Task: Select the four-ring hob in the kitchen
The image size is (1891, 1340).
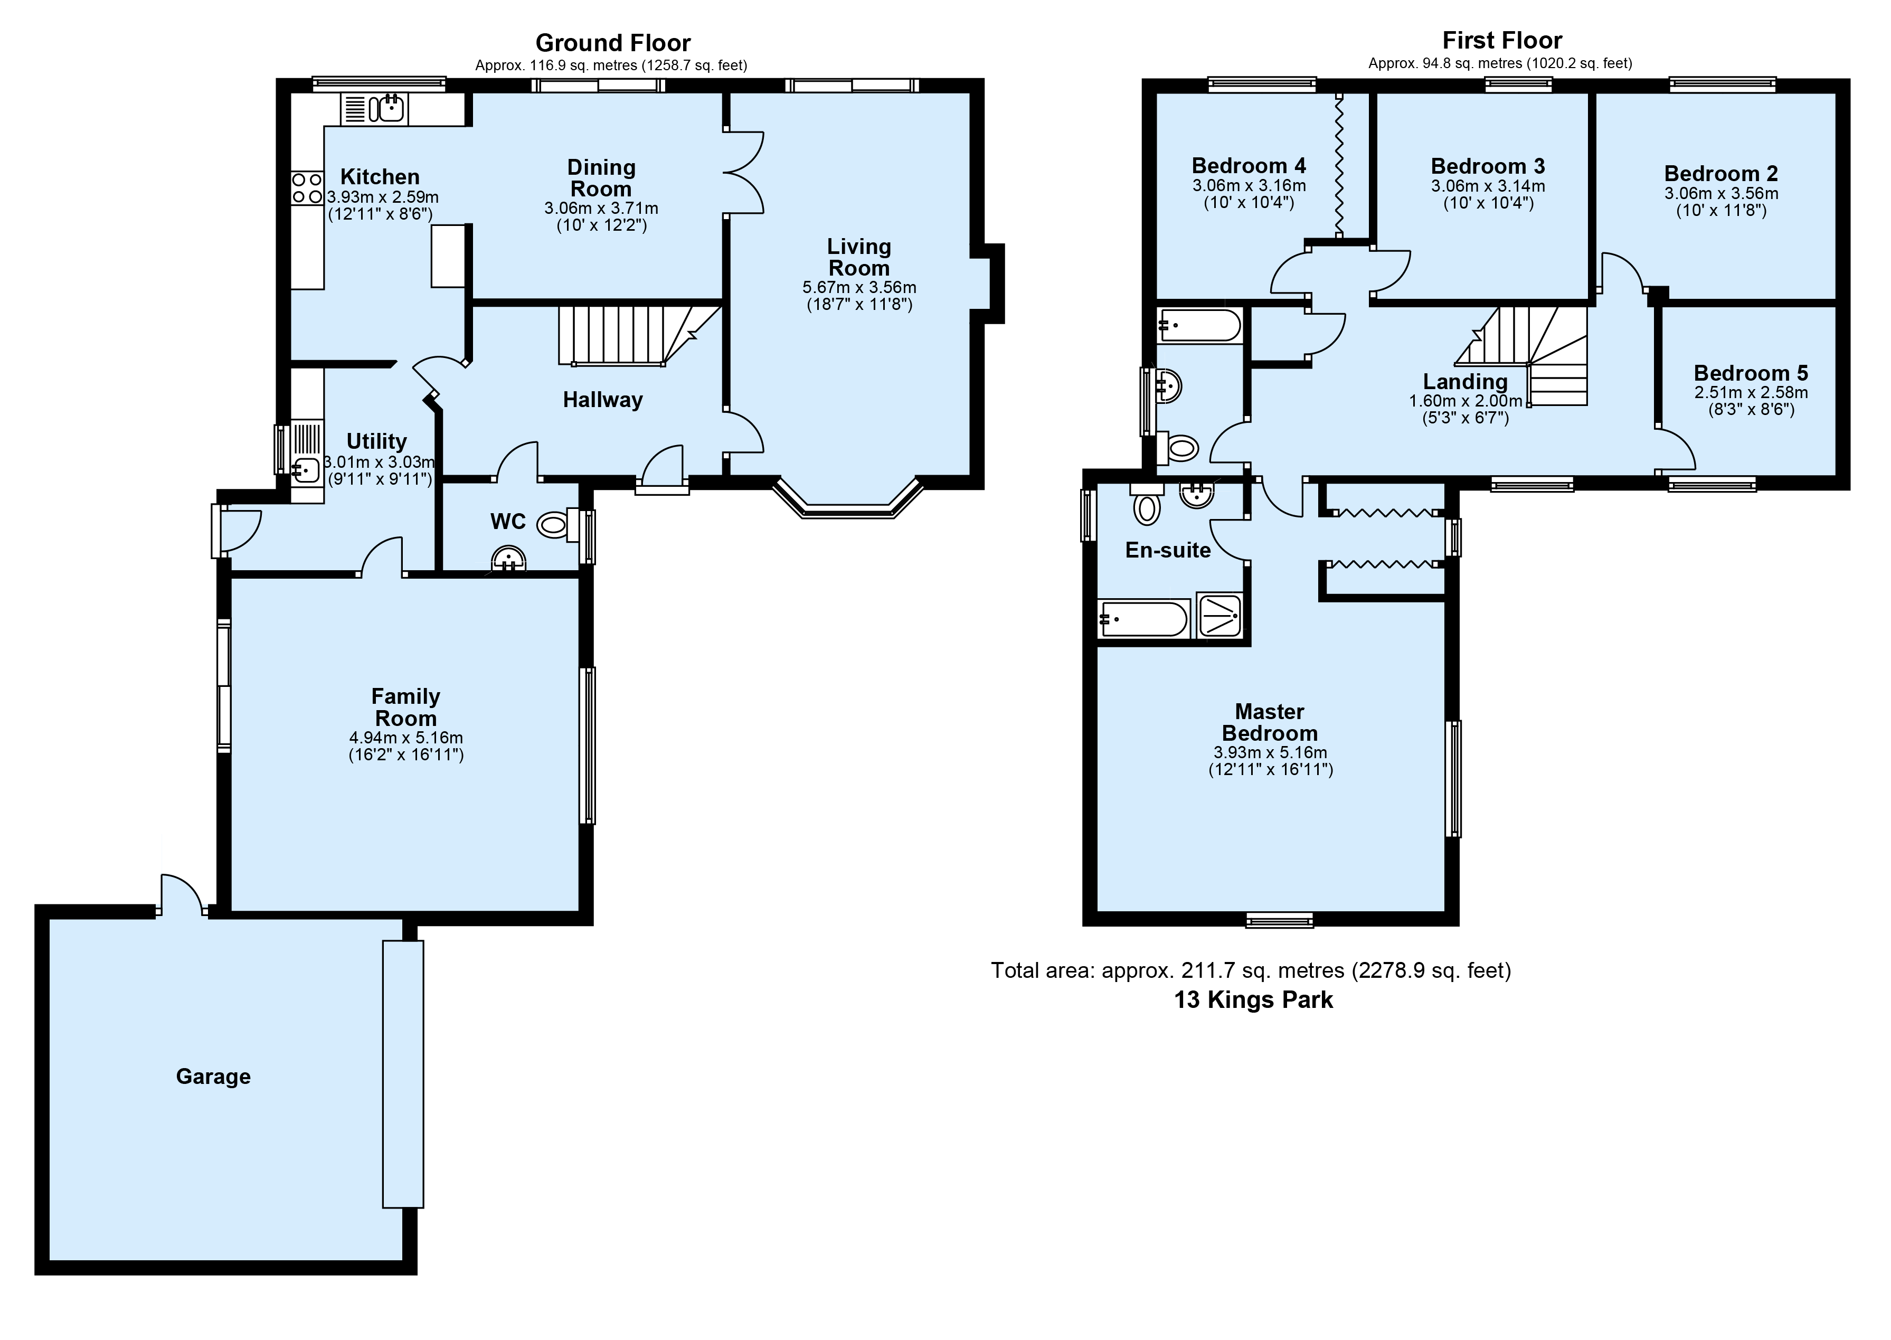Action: [307, 188]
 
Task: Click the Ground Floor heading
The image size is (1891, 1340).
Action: [613, 42]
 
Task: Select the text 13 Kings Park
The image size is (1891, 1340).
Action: [1253, 1000]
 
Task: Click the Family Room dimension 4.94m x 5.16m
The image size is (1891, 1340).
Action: [406, 738]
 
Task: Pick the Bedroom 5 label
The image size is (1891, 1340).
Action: [1751, 373]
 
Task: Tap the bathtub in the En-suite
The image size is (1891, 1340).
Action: [1143, 619]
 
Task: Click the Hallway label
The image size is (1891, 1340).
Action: [602, 400]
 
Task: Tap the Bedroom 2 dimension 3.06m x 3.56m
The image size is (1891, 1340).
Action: [1721, 194]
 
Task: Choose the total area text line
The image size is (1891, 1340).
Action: [1251, 970]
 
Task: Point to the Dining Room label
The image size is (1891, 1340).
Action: [601, 178]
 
